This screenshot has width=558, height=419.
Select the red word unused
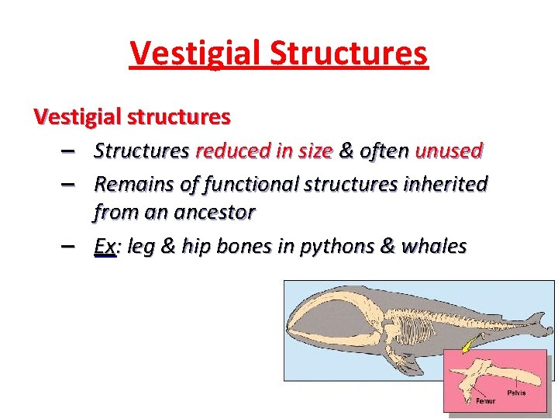449,150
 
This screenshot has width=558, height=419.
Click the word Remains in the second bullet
130,184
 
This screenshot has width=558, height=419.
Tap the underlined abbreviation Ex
105,246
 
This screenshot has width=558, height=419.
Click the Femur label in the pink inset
486,401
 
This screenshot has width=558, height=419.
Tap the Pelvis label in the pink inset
516,393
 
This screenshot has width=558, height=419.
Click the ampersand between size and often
346,150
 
